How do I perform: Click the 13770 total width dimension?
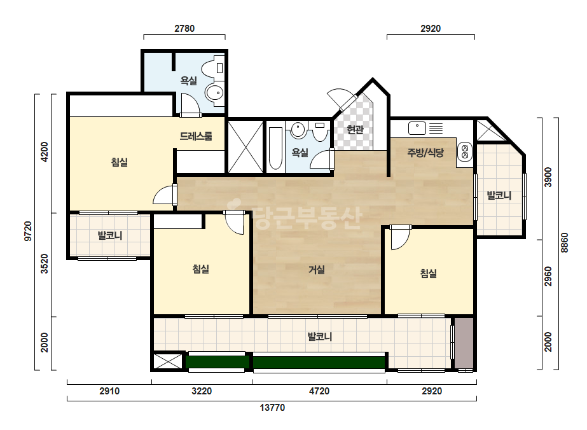pos(272,408)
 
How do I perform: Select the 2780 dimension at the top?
pos(184,29)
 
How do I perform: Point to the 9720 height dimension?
pos(28,232)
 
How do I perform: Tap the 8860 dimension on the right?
pos(565,243)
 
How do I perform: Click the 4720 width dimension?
pos(319,391)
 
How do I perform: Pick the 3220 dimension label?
pos(202,391)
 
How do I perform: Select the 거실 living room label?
pos(316,269)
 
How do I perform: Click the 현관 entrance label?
pos(355,130)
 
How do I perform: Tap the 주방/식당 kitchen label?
pos(425,153)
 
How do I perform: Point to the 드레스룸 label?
pos(196,136)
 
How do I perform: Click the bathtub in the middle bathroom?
pos(275,148)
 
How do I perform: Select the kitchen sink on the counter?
pos(417,128)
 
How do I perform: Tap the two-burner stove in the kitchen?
pos(465,151)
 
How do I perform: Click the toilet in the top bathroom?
pos(212,68)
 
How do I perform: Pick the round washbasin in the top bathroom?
pos(215,92)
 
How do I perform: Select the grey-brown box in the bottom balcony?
pos(464,343)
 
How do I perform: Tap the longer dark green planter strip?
pos(319,362)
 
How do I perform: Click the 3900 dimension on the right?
pos(548,177)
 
